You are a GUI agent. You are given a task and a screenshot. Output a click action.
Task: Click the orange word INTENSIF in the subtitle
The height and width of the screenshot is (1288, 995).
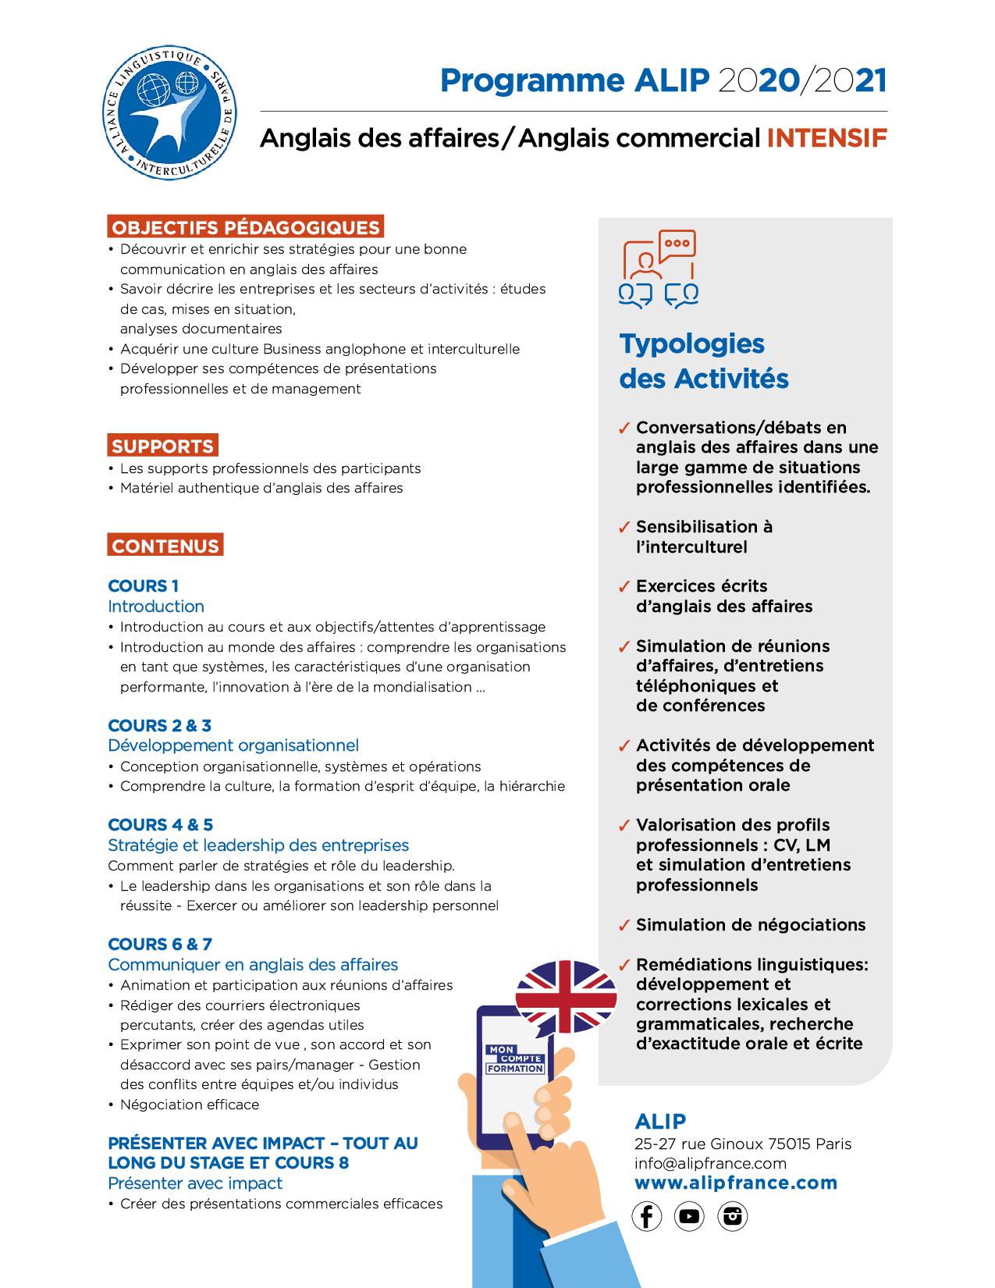tap(827, 138)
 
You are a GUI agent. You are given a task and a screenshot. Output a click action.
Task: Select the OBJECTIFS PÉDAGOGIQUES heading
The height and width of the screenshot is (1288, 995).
tap(245, 227)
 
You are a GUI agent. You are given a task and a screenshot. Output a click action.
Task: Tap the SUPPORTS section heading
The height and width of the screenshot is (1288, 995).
tap(162, 446)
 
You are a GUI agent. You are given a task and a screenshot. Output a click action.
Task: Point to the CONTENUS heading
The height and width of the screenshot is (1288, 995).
tap(165, 546)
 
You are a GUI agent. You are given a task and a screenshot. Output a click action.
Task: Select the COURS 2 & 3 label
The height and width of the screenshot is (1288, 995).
tap(159, 725)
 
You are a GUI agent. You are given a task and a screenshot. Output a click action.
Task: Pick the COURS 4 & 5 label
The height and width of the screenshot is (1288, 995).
tap(160, 824)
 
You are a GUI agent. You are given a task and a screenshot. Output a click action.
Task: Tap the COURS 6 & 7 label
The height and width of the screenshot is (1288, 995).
tap(160, 944)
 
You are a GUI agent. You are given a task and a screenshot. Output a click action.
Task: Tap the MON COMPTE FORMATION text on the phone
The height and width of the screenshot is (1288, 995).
tap(515, 1058)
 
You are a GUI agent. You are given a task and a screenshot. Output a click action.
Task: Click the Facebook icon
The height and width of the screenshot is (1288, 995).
tap(646, 1216)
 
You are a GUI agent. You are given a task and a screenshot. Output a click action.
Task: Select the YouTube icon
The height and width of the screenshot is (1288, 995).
tap(689, 1216)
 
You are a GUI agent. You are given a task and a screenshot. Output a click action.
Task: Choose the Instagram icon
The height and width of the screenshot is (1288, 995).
tap(732, 1216)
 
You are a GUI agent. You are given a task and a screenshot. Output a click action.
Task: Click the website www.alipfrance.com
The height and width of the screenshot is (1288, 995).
tap(736, 1183)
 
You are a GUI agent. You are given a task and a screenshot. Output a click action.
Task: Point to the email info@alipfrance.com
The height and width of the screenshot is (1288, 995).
tap(710, 1163)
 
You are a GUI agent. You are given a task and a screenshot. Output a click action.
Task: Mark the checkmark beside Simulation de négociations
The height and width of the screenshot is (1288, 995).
tap(624, 926)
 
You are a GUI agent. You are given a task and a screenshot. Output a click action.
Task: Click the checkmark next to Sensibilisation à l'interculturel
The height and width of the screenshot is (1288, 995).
tap(624, 528)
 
